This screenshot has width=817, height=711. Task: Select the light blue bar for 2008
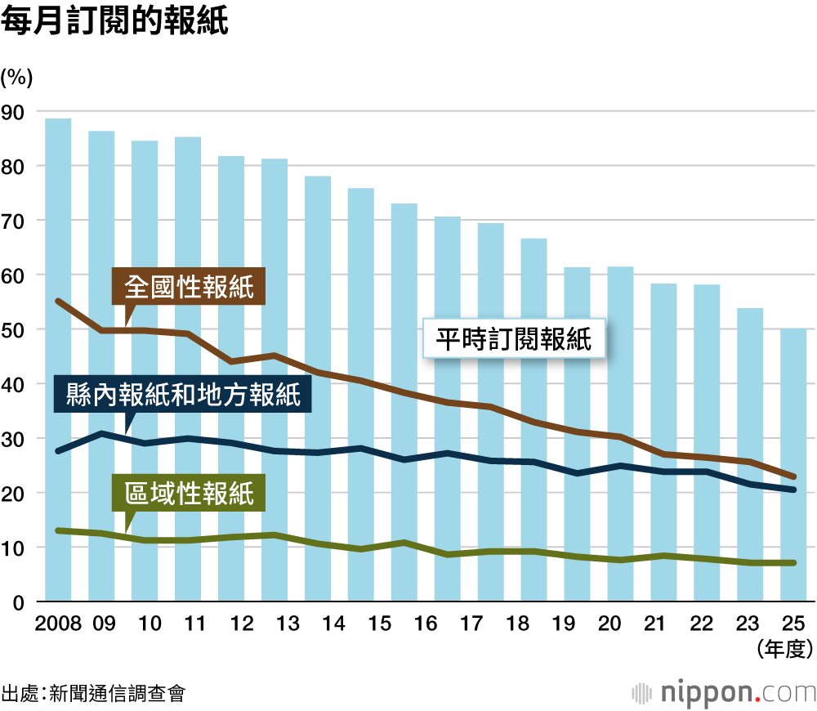[58, 360]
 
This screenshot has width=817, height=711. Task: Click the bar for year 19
[577, 434]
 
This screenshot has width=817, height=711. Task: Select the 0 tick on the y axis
[18, 602]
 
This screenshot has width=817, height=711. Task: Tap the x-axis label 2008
[58, 624]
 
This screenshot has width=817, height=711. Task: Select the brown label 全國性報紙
[190, 287]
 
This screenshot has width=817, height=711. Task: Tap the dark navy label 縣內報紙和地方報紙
[179, 396]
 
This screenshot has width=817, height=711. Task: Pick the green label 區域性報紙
[190, 494]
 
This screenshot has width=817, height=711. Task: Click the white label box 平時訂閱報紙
[514, 338]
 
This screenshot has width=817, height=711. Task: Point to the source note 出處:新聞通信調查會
[93, 694]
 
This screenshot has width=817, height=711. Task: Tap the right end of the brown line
[793, 476]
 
